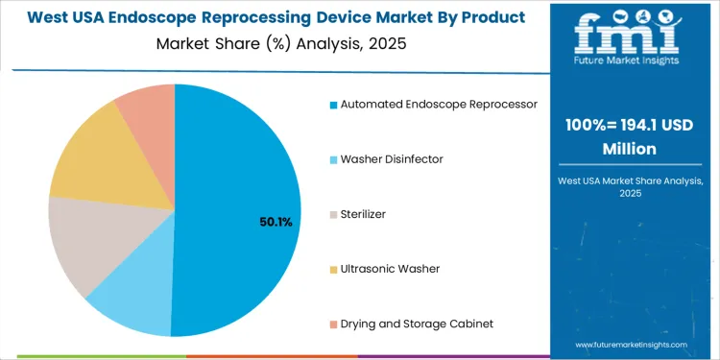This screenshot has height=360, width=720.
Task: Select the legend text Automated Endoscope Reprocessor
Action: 439,104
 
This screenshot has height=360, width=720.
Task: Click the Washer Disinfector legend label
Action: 392,158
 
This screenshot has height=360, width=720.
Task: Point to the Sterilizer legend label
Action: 363,214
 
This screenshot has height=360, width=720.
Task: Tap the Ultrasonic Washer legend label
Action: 390,269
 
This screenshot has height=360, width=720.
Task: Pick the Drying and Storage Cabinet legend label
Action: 417,324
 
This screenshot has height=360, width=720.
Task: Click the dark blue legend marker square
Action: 333,104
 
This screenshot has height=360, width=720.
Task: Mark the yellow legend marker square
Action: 333,269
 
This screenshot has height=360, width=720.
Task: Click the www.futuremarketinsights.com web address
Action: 631,344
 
